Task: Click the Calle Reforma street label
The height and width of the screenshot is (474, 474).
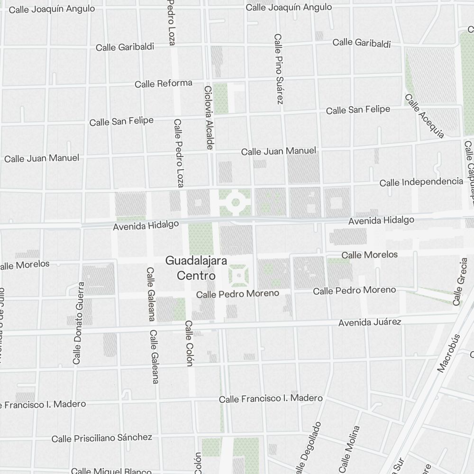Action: (164, 84)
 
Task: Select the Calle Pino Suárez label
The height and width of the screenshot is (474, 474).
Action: (278, 69)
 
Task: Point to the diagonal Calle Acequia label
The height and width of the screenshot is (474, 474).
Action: (425, 116)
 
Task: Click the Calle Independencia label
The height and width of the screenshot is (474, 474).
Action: (421, 182)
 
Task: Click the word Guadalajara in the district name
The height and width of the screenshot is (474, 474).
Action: (196, 261)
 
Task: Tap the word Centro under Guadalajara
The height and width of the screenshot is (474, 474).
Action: (196, 275)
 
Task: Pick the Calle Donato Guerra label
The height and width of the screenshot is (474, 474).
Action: (78, 323)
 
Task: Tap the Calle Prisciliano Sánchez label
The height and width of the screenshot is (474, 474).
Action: (102, 438)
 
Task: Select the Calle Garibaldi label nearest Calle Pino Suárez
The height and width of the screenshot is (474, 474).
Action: (362, 43)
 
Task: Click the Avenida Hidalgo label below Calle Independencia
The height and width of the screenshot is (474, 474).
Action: (381, 220)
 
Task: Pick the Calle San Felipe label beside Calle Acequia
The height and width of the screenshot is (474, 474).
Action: (358, 110)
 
